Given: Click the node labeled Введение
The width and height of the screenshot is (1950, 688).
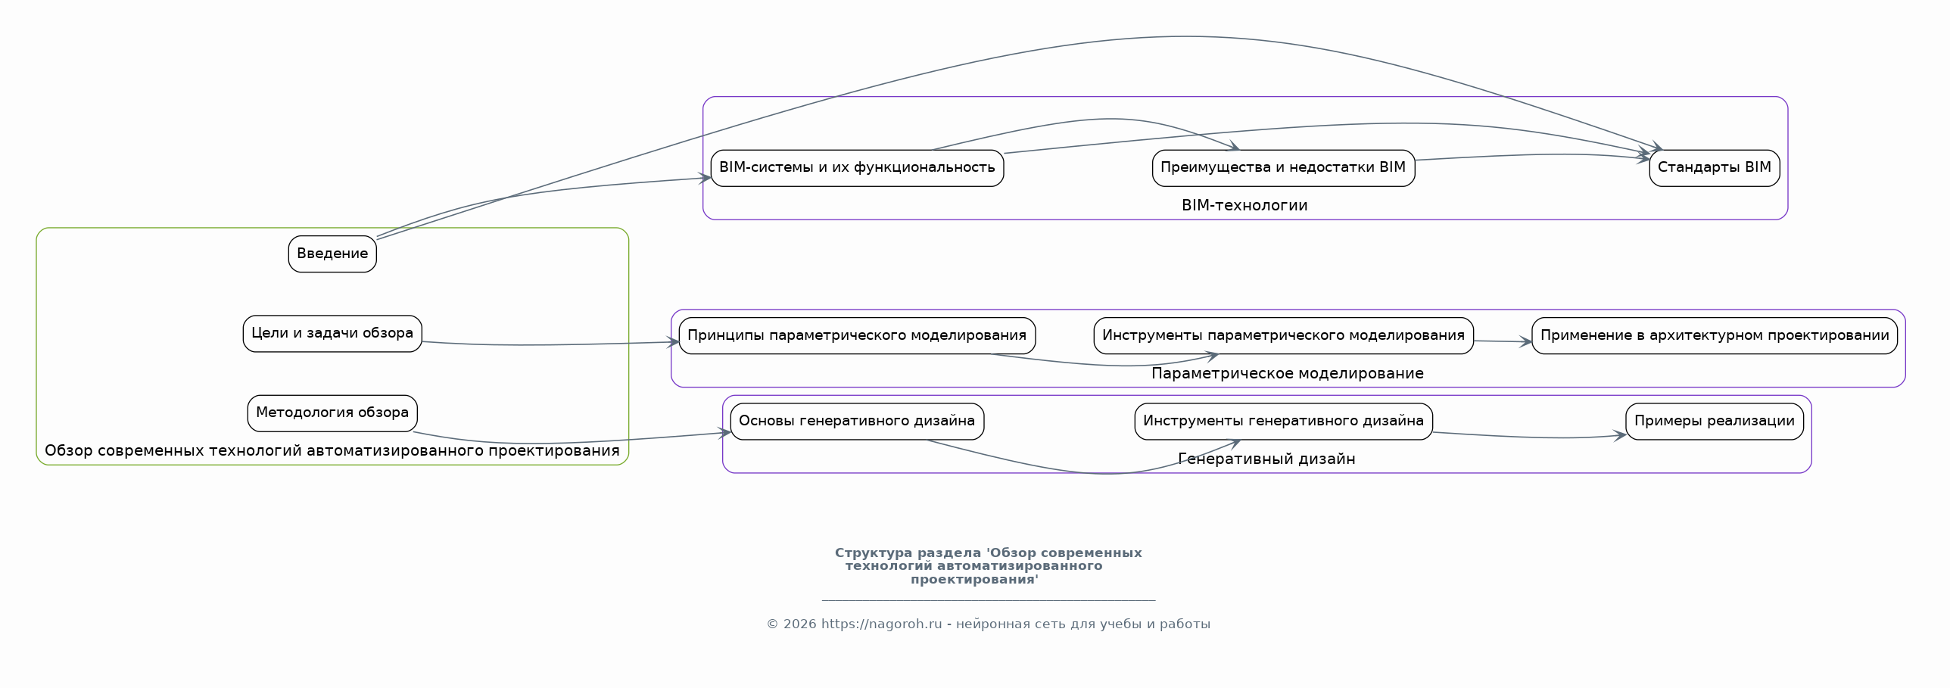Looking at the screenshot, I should click(x=332, y=254).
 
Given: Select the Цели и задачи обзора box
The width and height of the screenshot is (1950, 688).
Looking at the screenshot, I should click(x=332, y=334).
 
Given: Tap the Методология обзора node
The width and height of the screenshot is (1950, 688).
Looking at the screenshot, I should click(x=332, y=413).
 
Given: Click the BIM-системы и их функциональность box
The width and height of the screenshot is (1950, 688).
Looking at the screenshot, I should click(x=857, y=168).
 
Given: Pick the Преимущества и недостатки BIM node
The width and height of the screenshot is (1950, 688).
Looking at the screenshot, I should click(x=1283, y=168).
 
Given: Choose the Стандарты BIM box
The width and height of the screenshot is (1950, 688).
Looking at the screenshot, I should click(x=1714, y=168).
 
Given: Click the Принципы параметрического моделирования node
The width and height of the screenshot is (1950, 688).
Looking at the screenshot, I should click(x=857, y=336).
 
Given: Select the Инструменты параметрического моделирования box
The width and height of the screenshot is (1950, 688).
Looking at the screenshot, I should click(x=1283, y=336).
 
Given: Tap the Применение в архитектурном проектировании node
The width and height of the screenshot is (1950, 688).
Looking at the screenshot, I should click(x=1714, y=336).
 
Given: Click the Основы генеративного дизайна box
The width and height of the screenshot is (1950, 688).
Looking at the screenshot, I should click(x=857, y=422).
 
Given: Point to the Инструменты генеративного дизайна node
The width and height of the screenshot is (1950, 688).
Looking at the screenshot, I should click(x=1283, y=422).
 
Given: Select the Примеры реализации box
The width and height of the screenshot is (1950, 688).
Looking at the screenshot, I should click(x=1714, y=422).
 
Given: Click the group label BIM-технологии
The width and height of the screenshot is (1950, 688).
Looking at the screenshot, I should click(x=1244, y=206).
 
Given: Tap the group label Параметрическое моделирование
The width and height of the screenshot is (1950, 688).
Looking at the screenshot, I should click(x=1287, y=374).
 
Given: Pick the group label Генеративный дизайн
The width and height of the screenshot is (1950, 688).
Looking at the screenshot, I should click(x=1266, y=459).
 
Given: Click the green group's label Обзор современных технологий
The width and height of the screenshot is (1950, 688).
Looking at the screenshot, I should click(x=332, y=451).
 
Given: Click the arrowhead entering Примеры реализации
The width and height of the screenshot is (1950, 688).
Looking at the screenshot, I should click(x=1621, y=436).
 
